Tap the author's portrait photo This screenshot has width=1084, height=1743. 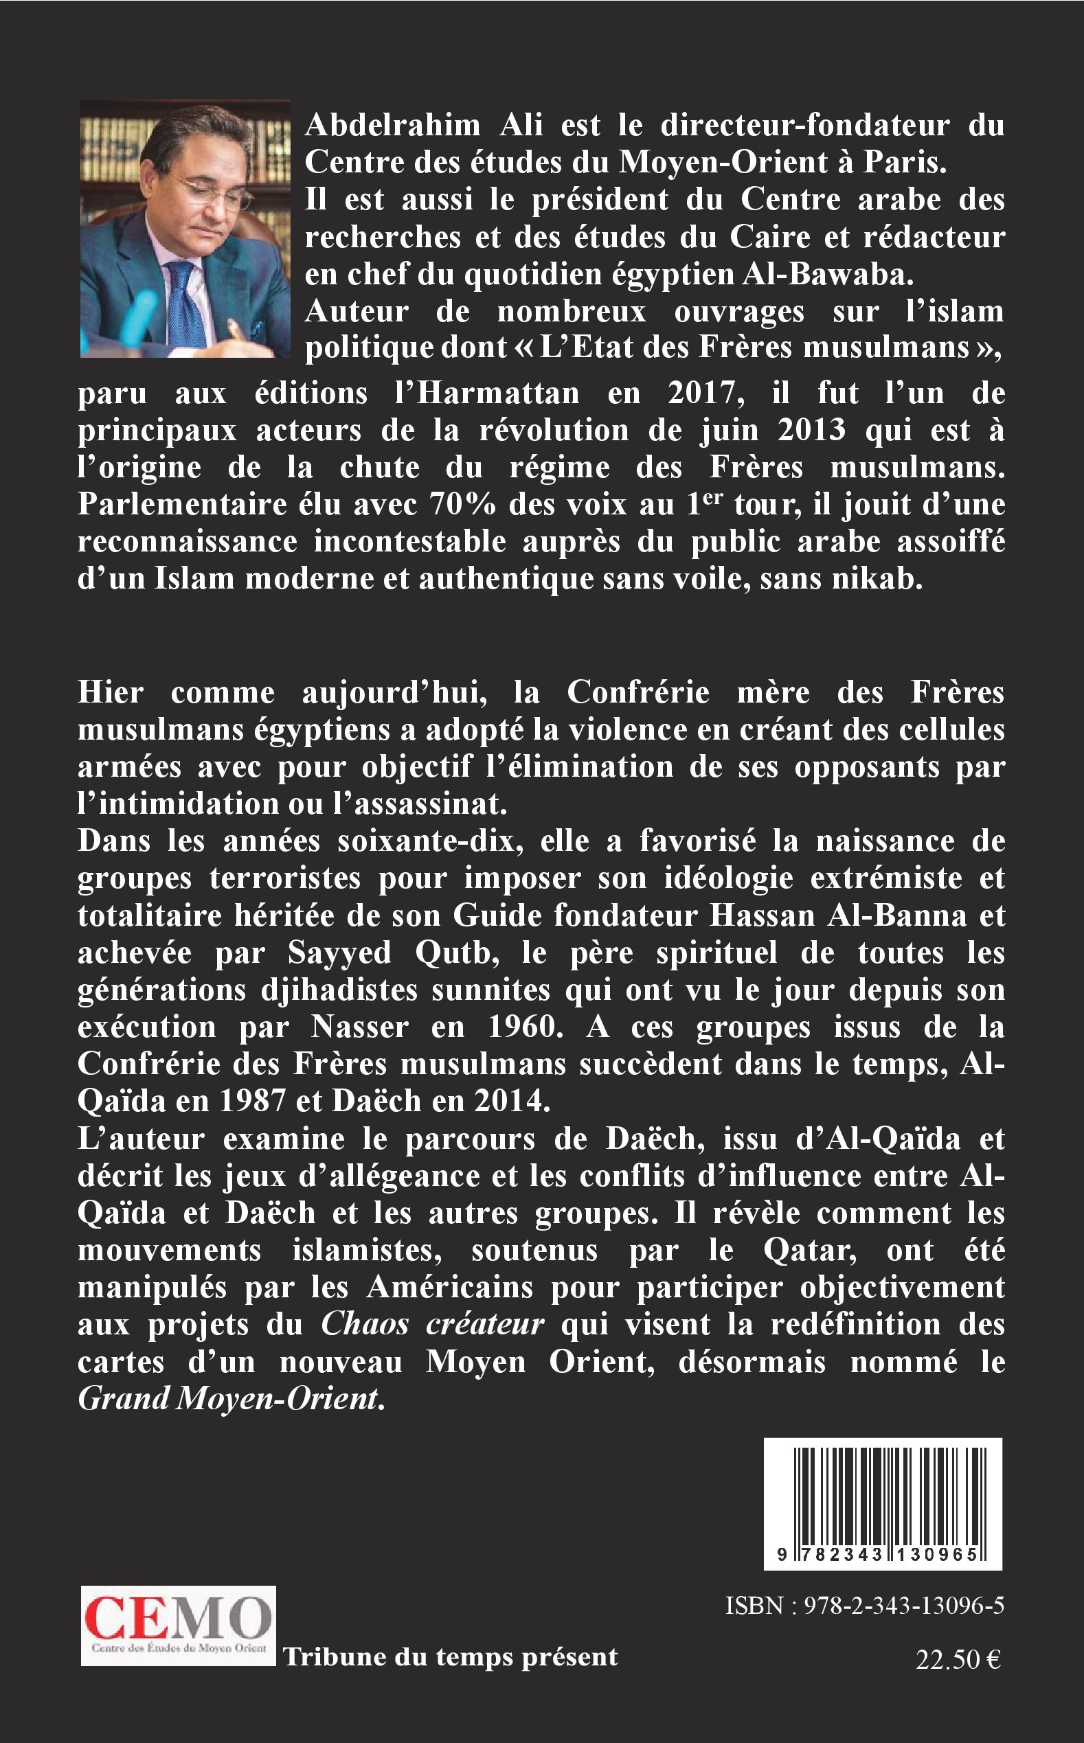(185, 228)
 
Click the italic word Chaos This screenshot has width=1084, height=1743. (364, 1325)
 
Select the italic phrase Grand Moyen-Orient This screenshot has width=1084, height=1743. (228, 1400)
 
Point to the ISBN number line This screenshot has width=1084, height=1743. (864, 1607)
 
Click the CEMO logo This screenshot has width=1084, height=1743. (178, 1626)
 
